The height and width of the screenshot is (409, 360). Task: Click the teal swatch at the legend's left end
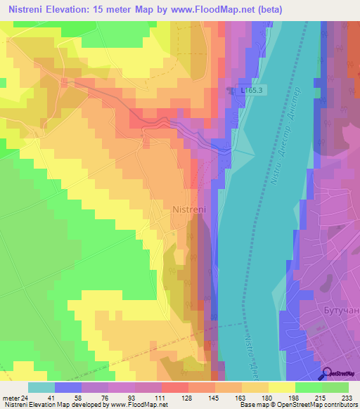[41, 387]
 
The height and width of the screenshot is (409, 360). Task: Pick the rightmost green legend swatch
[335, 387]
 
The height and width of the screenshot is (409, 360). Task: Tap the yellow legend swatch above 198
[282, 387]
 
